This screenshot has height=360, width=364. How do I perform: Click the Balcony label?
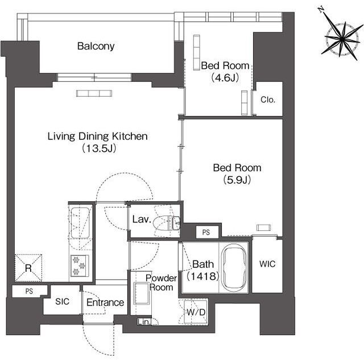[x=96, y=46]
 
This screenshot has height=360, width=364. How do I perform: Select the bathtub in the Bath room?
[x=234, y=267]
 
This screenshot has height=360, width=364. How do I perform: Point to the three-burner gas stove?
[x=80, y=266]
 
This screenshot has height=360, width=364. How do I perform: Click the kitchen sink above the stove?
[x=80, y=223]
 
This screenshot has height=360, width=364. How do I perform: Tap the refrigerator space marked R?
[x=28, y=268]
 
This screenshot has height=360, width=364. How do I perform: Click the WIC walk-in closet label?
[x=267, y=264]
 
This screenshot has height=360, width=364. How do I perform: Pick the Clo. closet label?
[x=268, y=100]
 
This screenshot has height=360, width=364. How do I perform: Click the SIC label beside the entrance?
[x=62, y=301]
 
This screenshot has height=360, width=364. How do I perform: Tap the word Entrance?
[x=105, y=303]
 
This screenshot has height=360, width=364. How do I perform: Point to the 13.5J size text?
[x=99, y=148]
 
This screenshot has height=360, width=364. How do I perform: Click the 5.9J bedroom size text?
[x=237, y=180]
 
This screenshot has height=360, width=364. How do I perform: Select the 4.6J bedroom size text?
[x=225, y=77]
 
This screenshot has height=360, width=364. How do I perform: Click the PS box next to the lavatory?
[x=207, y=232]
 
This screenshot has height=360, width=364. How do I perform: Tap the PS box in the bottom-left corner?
[x=29, y=291]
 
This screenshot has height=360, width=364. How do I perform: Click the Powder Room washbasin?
[x=142, y=293]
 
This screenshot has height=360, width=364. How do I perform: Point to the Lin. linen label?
[x=143, y=322]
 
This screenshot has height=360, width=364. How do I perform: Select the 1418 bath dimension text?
[x=203, y=276]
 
